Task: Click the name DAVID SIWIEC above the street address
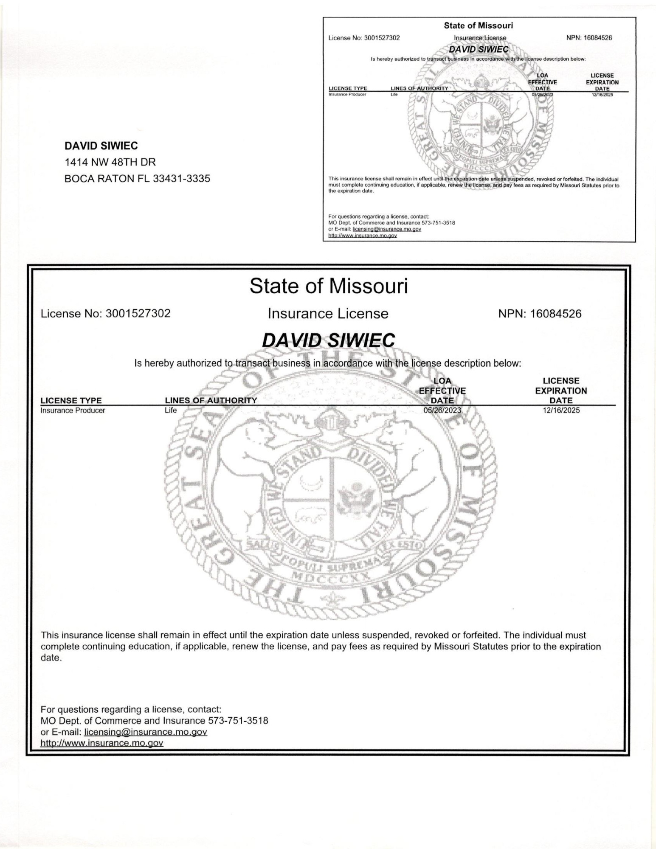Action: pos(101,146)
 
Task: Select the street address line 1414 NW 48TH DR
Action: pos(110,162)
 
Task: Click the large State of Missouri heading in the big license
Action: pos(328,286)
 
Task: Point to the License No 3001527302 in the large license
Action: pos(138,314)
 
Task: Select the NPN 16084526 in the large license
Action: pos(556,314)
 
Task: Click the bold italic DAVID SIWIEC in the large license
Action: pos(328,340)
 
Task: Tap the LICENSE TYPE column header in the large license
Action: pos(71,400)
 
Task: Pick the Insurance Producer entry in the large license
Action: pos(73,410)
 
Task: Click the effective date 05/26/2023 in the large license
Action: pos(442,410)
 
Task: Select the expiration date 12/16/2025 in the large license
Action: pos(561,410)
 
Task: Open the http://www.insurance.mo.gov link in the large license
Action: pos(101,743)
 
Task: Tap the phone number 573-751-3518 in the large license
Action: pos(238,721)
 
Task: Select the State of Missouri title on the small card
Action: pos(478,25)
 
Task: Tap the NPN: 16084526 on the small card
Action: pos(589,38)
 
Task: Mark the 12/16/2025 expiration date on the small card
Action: pos(602,95)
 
